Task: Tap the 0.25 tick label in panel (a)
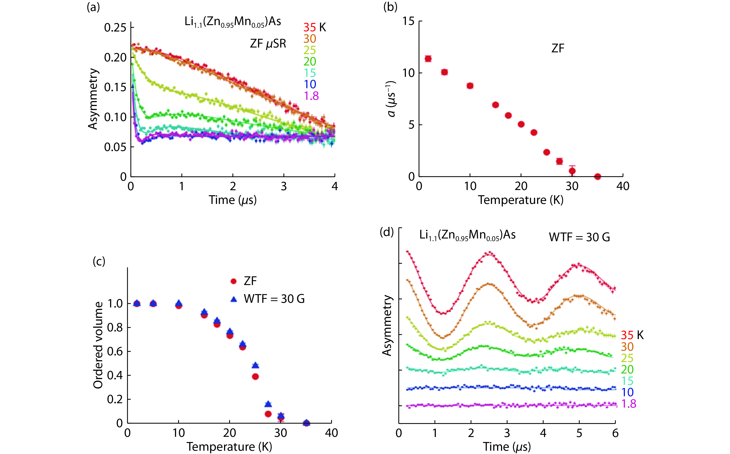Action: tap(115, 28)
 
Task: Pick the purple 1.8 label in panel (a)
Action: tap(311, 96)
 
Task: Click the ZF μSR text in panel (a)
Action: tap(268, 44)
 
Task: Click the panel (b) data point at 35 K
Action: tap(598, 177)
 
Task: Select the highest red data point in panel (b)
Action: tap(428, 59)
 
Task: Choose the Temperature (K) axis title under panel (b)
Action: tap(520, 200)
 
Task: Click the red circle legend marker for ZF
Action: tap(233, 281)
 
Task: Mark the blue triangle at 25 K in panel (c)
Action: tap(255, 365)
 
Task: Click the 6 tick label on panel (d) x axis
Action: tap(615, 433)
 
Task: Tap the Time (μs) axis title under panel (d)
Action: tap(507, 447)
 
